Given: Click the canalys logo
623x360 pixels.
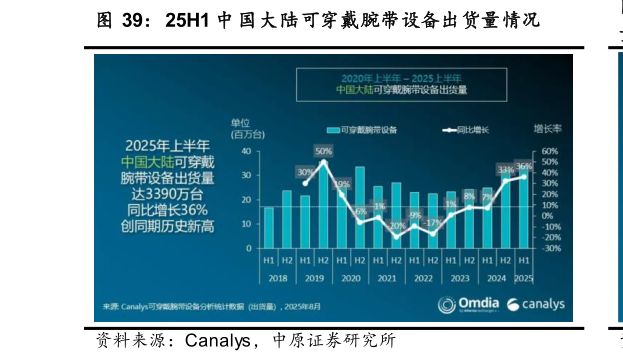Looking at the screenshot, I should tap(536, 304).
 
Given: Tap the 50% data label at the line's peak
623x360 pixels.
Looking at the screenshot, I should tap(323, 151).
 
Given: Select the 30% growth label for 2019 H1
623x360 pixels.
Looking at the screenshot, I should tap(305, 172).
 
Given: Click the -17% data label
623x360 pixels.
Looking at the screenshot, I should tap(432, 222).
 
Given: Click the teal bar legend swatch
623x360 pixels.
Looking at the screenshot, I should tap(333, 130).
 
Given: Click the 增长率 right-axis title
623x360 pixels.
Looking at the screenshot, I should tap(547, 129).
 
